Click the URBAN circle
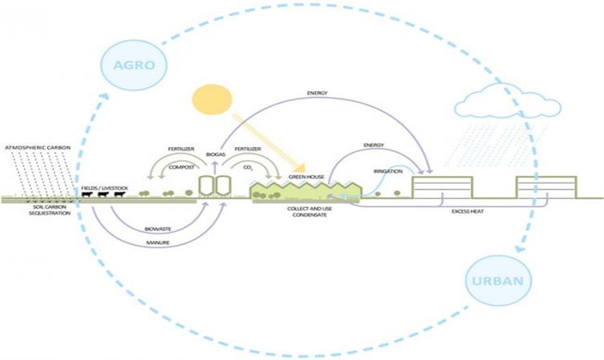coord(498,281)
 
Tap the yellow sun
coord(213,100)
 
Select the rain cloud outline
coord(507,103)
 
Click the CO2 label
coord(247,167)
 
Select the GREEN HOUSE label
coord(305,177)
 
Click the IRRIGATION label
coord(388,171)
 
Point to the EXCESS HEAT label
coord(468,211)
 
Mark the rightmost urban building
coord(546,188)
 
